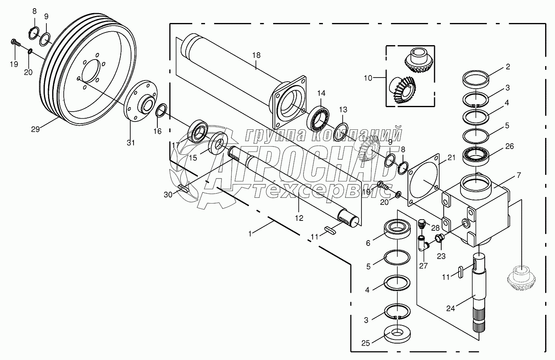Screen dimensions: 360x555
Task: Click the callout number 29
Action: tap(35, 129)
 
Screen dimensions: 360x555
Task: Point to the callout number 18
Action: tap(256, 55)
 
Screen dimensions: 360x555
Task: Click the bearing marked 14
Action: tap(319, 118)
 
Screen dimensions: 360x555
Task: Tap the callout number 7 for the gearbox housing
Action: tap(518, 175)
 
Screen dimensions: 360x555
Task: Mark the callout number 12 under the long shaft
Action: tap(299, 218)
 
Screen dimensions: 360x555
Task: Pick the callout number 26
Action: tap(510, 146)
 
